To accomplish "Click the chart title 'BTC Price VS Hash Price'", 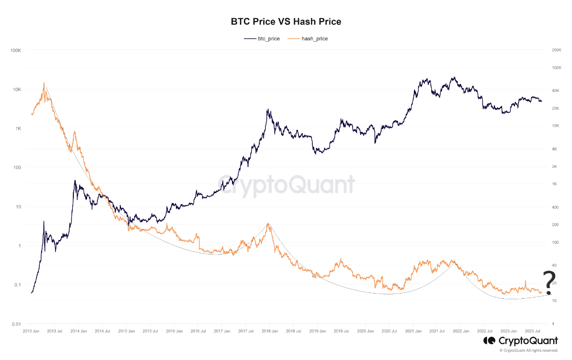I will [286, 21].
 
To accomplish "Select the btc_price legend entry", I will [262, 39].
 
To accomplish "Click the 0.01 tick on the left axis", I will [16, 324].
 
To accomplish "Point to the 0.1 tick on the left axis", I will [17, 285].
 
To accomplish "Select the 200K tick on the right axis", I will [556, 50].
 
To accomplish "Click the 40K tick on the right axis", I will [555, 91].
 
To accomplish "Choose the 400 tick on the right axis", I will [555, 207].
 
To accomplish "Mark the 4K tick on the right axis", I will [554, 149].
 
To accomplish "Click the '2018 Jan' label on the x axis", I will [269, 331].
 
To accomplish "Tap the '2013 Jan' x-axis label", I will [30, 331].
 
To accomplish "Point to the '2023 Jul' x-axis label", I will [532, 331].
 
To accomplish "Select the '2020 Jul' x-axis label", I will [389, 331].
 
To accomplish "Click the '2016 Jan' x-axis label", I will [174, 331].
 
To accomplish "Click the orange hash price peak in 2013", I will [44, 83].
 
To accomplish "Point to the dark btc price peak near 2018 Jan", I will [267, 109].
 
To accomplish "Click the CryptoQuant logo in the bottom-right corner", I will [521, 341].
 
